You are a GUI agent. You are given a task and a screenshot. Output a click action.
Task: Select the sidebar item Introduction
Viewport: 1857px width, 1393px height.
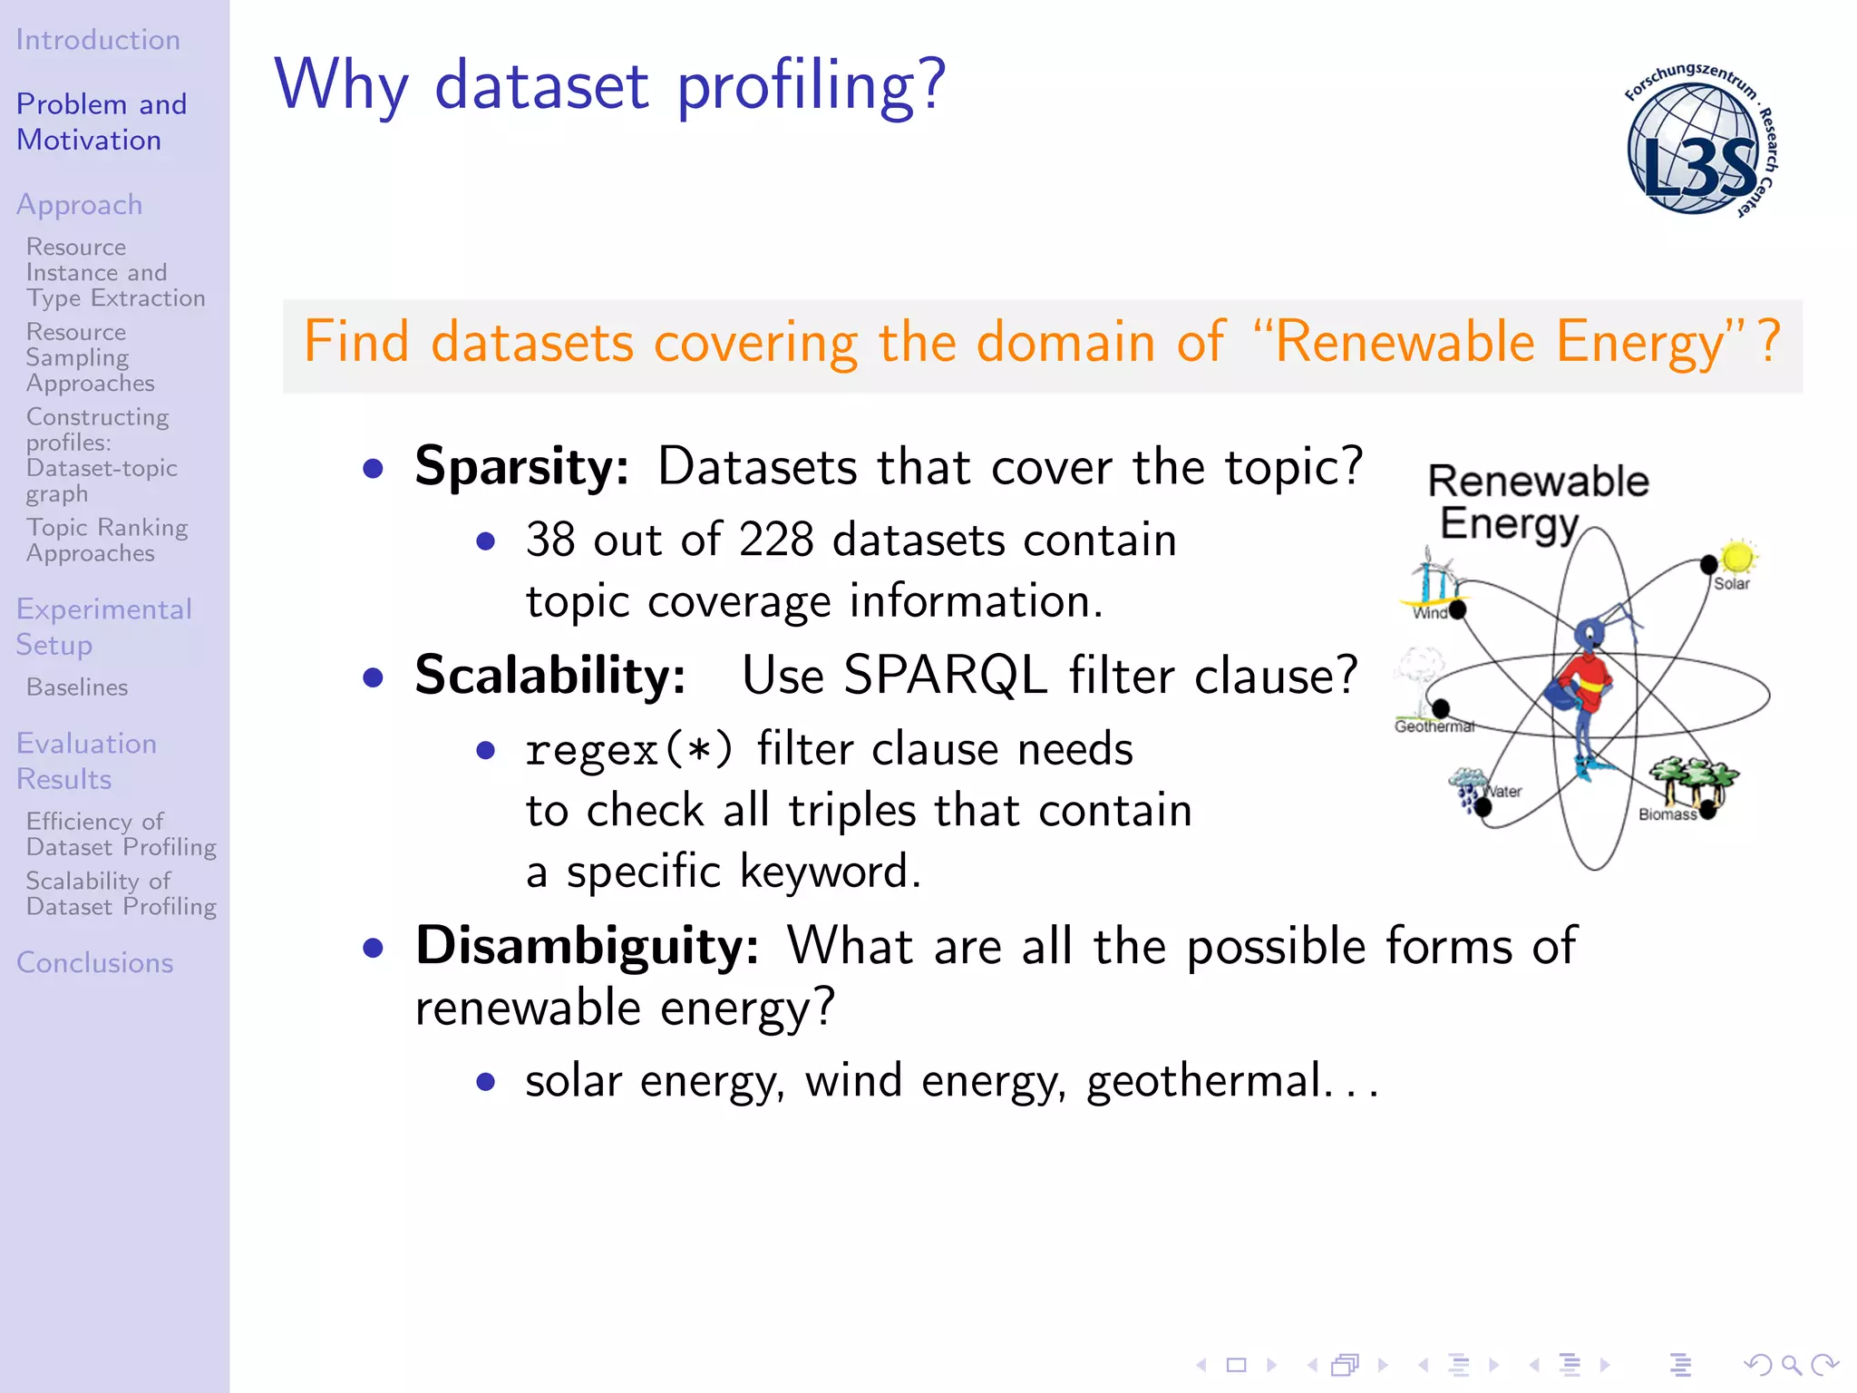point(98,40)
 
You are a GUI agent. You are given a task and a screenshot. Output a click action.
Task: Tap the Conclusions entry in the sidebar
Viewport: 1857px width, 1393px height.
point(95,962)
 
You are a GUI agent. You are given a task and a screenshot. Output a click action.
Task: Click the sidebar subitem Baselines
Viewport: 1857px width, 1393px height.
point(77,687)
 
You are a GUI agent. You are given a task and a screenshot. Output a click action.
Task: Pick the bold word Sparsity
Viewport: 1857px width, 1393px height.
point(520,466)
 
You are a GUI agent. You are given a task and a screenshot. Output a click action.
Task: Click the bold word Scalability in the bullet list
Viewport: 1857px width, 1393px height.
point(549,676)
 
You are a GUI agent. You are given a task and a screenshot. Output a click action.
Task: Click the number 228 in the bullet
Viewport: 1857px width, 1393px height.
point(776,540)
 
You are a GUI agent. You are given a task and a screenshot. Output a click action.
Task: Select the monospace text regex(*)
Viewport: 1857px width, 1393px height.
point(628,750)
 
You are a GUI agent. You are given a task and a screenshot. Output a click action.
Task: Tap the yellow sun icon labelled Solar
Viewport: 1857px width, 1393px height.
point(1737,556)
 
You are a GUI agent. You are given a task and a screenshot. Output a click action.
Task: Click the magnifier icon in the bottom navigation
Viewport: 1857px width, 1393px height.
point(1791,1365)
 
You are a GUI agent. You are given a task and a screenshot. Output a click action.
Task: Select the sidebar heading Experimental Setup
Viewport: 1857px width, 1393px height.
point(103,627)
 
